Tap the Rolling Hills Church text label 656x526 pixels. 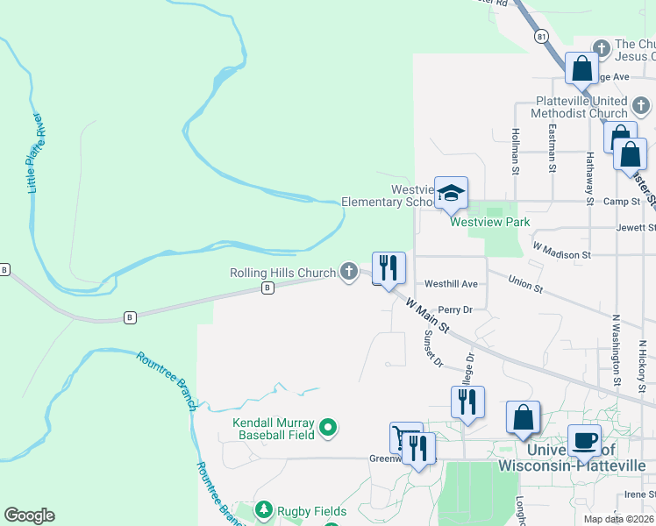[282, 274]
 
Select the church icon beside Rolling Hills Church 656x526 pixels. [349, 270]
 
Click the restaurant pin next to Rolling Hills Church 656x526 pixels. [389, 267]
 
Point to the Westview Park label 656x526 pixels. [489, 222]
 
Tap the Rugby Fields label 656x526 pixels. [313, 511]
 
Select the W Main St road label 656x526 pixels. [428, 316]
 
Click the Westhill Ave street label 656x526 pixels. [451, 284]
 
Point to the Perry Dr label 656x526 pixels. [455, 309]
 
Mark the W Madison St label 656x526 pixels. [561, 254]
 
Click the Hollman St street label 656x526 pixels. [516, 146]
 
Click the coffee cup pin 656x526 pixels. [584, 440]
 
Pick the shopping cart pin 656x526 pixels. [403, 436]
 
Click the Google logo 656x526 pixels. [29, 515]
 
